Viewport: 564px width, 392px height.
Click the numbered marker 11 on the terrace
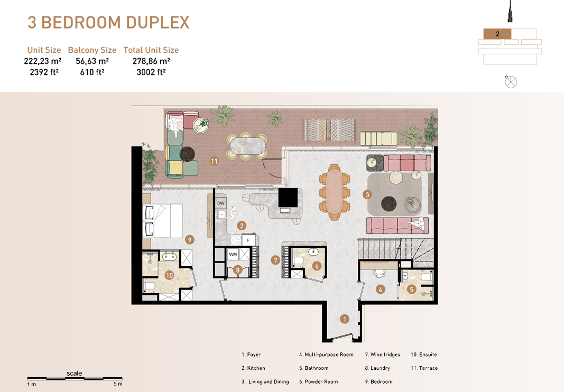(x=214, y=161)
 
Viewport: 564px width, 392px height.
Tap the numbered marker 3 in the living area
(x=367, y=194)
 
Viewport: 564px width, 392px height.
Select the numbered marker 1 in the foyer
(x=344, y=319)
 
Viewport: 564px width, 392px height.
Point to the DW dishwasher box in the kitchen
(x=221, y=203)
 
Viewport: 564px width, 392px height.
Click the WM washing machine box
(x=233, y=255)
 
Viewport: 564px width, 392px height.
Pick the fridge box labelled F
(x=248, y=240)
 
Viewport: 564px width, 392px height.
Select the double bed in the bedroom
(x=162, y=220)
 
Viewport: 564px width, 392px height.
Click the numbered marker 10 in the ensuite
(x=169, y=275)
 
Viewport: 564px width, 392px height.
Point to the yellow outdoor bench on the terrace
(x=378, y=138)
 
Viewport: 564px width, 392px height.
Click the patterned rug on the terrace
(x=329, y=129)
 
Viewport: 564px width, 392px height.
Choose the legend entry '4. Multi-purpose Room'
(x=326, y=354)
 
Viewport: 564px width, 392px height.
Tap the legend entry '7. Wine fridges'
(x=382, y=354)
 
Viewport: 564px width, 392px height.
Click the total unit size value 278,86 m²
(x=151, y=61)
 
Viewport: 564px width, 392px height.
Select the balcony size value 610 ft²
(x=92, y=72)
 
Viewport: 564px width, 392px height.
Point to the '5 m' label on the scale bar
(x=118, y=384)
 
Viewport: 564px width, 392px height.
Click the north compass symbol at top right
(x=511, y=82)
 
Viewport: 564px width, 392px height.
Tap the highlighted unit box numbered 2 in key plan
(x=497, y=34)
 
